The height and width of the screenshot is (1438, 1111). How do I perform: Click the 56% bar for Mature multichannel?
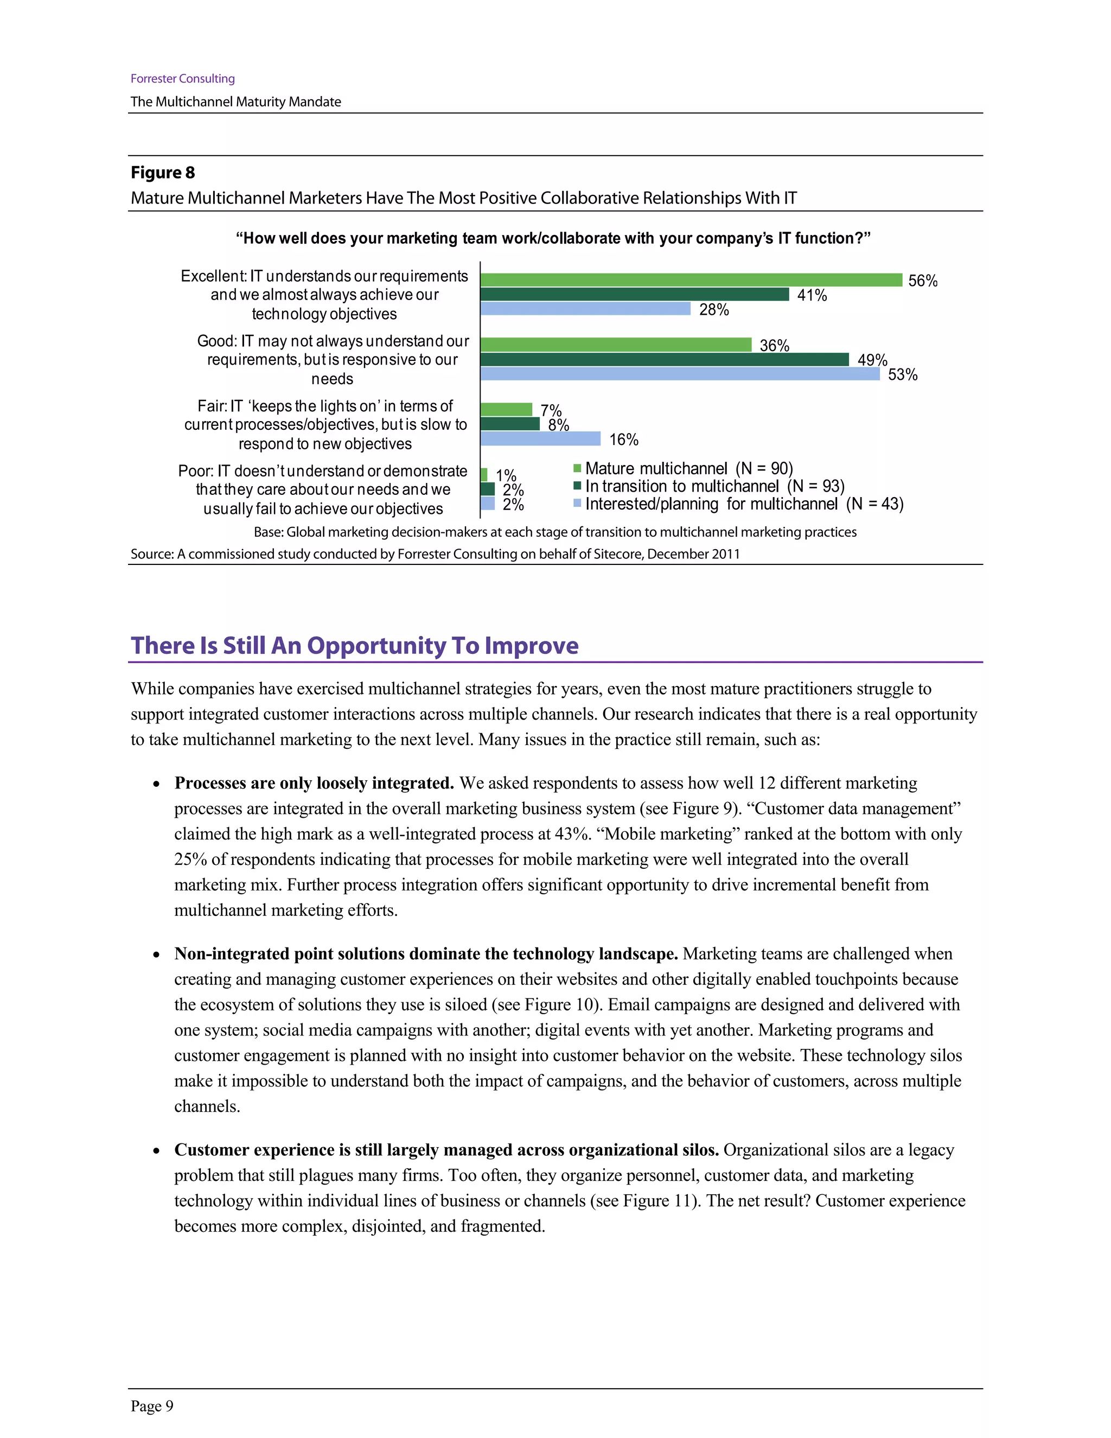click(x=691, y=280)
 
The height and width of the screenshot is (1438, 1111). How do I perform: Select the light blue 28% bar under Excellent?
click(x=585, y=309)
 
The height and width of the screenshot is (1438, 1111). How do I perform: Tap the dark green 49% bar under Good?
click(x=664, y=359)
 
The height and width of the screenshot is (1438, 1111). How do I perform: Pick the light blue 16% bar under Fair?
click(x=540, y=438)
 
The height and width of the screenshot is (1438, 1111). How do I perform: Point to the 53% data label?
click(x=902, y=374)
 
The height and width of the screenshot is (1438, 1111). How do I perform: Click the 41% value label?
click(x=812, y=296)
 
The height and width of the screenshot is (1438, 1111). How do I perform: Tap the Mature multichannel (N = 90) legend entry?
click(x=688, y=469)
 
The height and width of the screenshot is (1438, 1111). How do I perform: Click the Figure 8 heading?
click(x=163, y=173)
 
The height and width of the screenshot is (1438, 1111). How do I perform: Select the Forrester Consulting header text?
click(x=182, y=78)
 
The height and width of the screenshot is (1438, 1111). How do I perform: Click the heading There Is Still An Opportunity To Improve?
click(x=354, y=645)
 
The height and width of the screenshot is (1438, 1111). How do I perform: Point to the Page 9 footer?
click(x=152, y=1407)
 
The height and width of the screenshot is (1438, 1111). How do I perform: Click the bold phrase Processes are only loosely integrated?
click(x=314, y=783)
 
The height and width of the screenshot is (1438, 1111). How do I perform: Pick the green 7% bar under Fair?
click(x=506, y=410)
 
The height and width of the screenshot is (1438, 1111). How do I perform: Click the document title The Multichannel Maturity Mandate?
click(x=235, y=101)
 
